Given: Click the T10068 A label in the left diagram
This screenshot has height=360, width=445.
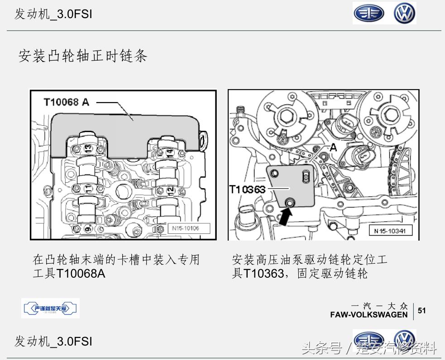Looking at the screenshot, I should click(67, 102).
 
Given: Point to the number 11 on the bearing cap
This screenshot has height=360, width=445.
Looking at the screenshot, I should click(87, 187).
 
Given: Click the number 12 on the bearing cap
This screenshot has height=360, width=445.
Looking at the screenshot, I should click(169, 190).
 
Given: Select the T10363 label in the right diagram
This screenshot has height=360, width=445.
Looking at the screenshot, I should click(247, 189).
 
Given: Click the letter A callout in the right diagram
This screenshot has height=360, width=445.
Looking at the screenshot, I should click(334, 147).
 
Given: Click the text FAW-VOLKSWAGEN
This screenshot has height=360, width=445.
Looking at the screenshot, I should click(369, 314).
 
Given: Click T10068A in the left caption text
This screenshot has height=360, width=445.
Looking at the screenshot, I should click(81, 274).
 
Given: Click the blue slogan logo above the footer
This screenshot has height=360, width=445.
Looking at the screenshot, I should click(50, 308).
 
